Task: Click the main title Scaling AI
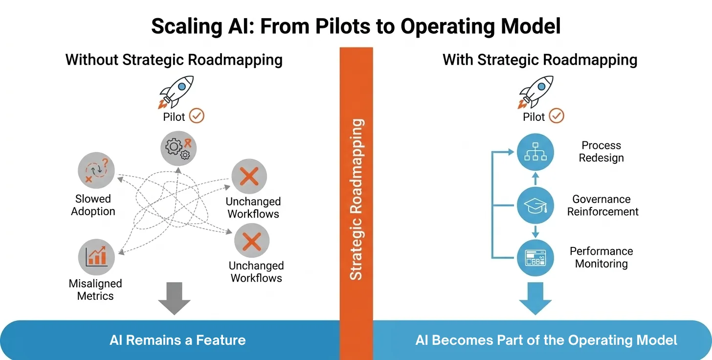(x=356, y=26)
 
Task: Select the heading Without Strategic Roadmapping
(x=174, y=60)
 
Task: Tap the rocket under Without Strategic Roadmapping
(x=177, y=92)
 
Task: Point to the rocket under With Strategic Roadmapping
(x=536, y=92)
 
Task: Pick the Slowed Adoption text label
(x=93, y=205)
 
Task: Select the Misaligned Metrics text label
(x=95, y=290)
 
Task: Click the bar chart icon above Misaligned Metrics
(x=96, y=256)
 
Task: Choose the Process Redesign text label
(x=601, y=152)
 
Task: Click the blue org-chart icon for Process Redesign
(x=535, y=152)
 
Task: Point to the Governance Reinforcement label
(x=602, y=205)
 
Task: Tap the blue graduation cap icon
(x=535, y=205)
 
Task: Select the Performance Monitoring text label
(x=601, y=257)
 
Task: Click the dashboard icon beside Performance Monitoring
(x=535, y=258)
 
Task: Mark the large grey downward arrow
(x=175, y=298)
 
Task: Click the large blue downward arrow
(x=535, y=298)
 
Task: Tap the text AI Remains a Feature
(x=178, y=340)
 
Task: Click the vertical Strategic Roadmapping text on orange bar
(x=356, y=199)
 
